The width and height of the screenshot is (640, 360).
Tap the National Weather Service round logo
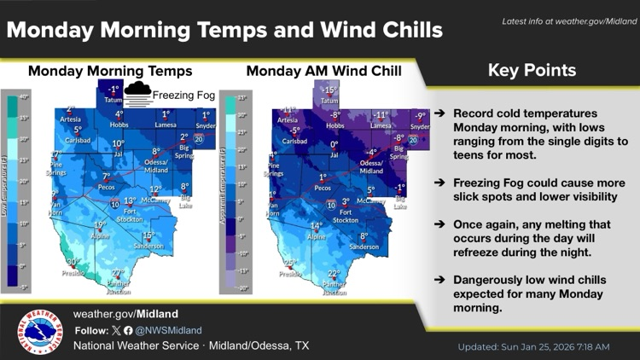point(42,334)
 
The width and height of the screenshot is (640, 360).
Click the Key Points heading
point(532,71)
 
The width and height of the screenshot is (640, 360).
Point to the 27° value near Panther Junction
point(118,274)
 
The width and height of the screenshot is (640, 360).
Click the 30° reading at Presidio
point(73,263)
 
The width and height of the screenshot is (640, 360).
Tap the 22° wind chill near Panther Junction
point(334,274)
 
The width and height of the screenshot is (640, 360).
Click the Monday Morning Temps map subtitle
point(110,71)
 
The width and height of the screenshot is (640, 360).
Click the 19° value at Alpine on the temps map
point(100,225)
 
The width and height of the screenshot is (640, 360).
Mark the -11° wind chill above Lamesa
point(381,113)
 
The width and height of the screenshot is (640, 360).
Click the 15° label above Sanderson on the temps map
point(148,235)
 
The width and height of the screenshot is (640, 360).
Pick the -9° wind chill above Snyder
point(420,116)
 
